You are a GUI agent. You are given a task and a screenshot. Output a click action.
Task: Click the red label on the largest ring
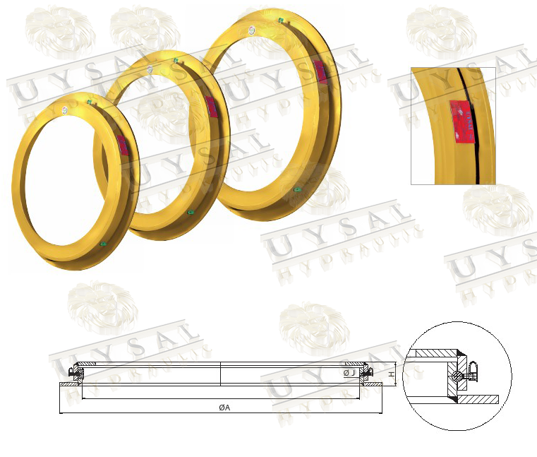[x=319, y=70]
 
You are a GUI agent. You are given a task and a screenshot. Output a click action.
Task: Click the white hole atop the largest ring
[x=252, y=30]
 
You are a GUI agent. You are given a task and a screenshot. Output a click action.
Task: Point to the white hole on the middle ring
[x=150, y=69]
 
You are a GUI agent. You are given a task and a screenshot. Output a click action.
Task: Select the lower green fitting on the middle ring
[x=189, y=212]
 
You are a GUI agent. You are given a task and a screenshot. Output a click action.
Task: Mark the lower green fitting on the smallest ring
[x=104, y=244]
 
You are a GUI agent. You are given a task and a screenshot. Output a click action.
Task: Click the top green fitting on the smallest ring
[x=89, y=102]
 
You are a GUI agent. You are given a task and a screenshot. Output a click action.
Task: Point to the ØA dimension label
[x=224, y=408]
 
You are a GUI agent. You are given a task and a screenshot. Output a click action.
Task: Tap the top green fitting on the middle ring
[x=175, y=61]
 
